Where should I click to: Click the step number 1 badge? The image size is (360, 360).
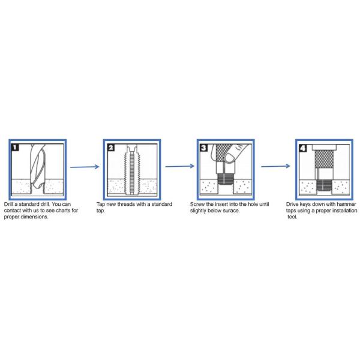pos(15,147)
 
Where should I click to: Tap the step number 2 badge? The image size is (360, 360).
pos(111,148)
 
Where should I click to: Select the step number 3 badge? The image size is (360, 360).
pos(204,148)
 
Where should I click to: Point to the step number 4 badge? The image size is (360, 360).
pos(303,148)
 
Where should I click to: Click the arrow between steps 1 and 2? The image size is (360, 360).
pos(85,167)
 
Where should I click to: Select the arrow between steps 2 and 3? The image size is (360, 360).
pos(180,166)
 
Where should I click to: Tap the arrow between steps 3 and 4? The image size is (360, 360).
pos(275,166)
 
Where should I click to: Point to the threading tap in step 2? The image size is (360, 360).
pos(132,170)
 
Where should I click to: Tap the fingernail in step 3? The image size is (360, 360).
pos(229,157)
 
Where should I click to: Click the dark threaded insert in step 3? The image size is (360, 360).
pos(225,179)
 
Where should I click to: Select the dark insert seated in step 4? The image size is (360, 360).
pos(324,185)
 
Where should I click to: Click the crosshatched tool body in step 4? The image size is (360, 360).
pos(324,159)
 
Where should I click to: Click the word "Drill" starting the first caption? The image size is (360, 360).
pos(8,204)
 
